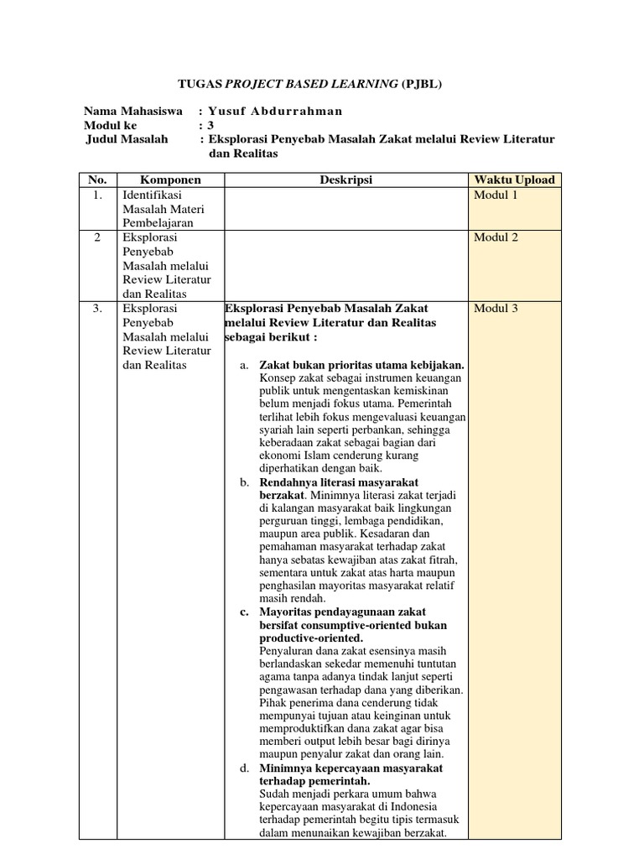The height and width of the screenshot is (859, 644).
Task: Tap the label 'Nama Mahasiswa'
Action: [x=135, y=112]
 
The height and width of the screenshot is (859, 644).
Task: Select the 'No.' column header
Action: [x=97, y=180]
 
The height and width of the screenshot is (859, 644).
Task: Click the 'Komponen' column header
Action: [x=170, y=180]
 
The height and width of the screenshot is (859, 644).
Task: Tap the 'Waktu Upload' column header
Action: [x=514, y=180]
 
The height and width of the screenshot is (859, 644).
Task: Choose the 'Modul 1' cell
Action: [x=496, y=195]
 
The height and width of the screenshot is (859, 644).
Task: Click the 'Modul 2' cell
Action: [x=496, y=237]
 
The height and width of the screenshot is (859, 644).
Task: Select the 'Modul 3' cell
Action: [x=496, y=309]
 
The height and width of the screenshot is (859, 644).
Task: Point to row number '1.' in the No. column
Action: [x=97, y=195]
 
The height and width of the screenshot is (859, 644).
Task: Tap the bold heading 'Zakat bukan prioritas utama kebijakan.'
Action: [x=361, y=366]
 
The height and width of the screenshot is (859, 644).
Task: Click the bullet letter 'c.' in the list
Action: [x=244, y=612]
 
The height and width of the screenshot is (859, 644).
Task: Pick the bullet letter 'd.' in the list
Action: [x=244, y=768]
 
